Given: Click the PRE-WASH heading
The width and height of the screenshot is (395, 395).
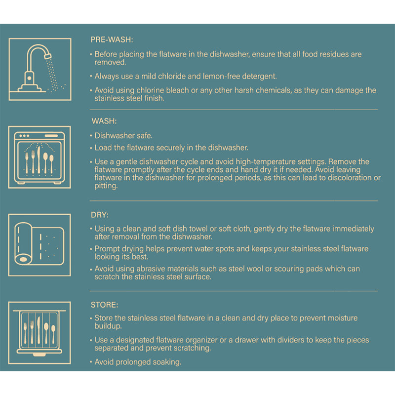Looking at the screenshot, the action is click(112, 39).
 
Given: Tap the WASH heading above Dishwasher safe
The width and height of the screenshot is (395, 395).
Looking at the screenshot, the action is click(104, 121).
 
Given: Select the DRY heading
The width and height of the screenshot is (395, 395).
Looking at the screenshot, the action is click(100, 215).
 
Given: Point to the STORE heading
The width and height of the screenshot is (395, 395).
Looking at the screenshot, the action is click(104, 305).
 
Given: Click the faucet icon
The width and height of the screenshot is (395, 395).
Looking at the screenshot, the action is click(40, 69).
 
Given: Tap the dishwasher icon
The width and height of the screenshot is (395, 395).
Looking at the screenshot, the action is click(39, 157).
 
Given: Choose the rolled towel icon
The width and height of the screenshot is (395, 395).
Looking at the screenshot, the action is click(39, 245).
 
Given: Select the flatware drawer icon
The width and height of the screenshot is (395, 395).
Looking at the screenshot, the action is click(39, 333).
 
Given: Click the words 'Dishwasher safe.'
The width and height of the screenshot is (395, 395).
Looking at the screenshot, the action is click(123, 135).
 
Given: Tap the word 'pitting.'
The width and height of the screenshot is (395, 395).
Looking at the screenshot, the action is click(106, 186).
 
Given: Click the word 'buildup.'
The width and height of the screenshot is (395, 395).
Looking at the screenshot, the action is click(108, 326).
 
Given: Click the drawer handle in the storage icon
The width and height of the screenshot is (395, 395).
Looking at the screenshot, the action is click(39, 355).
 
